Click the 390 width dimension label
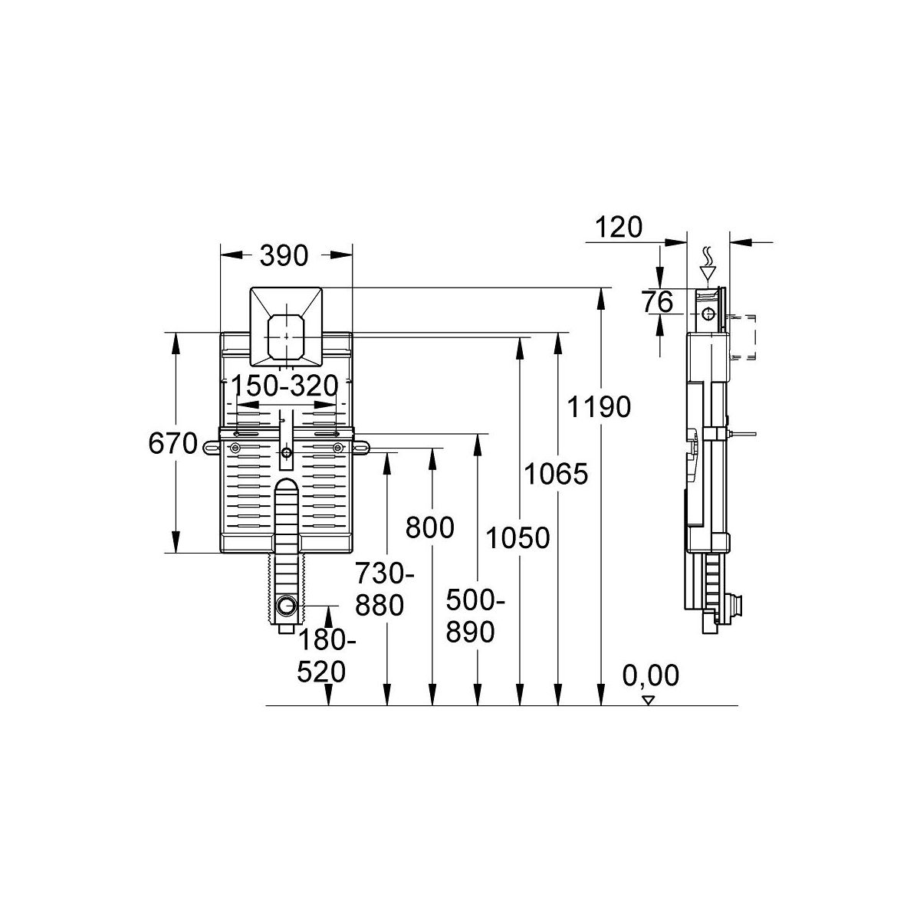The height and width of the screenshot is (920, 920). [x=284, y=256]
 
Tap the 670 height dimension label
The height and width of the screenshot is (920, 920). [x=172, y=444]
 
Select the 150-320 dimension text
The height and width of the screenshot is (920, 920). [x=284, y=386]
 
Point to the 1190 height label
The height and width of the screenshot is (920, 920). [x=599, y=407]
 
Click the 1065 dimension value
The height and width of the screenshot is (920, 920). [x=556, y=474]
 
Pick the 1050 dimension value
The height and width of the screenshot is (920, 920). [x=518, y=537]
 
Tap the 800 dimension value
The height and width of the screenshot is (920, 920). [x=429, y=528]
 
